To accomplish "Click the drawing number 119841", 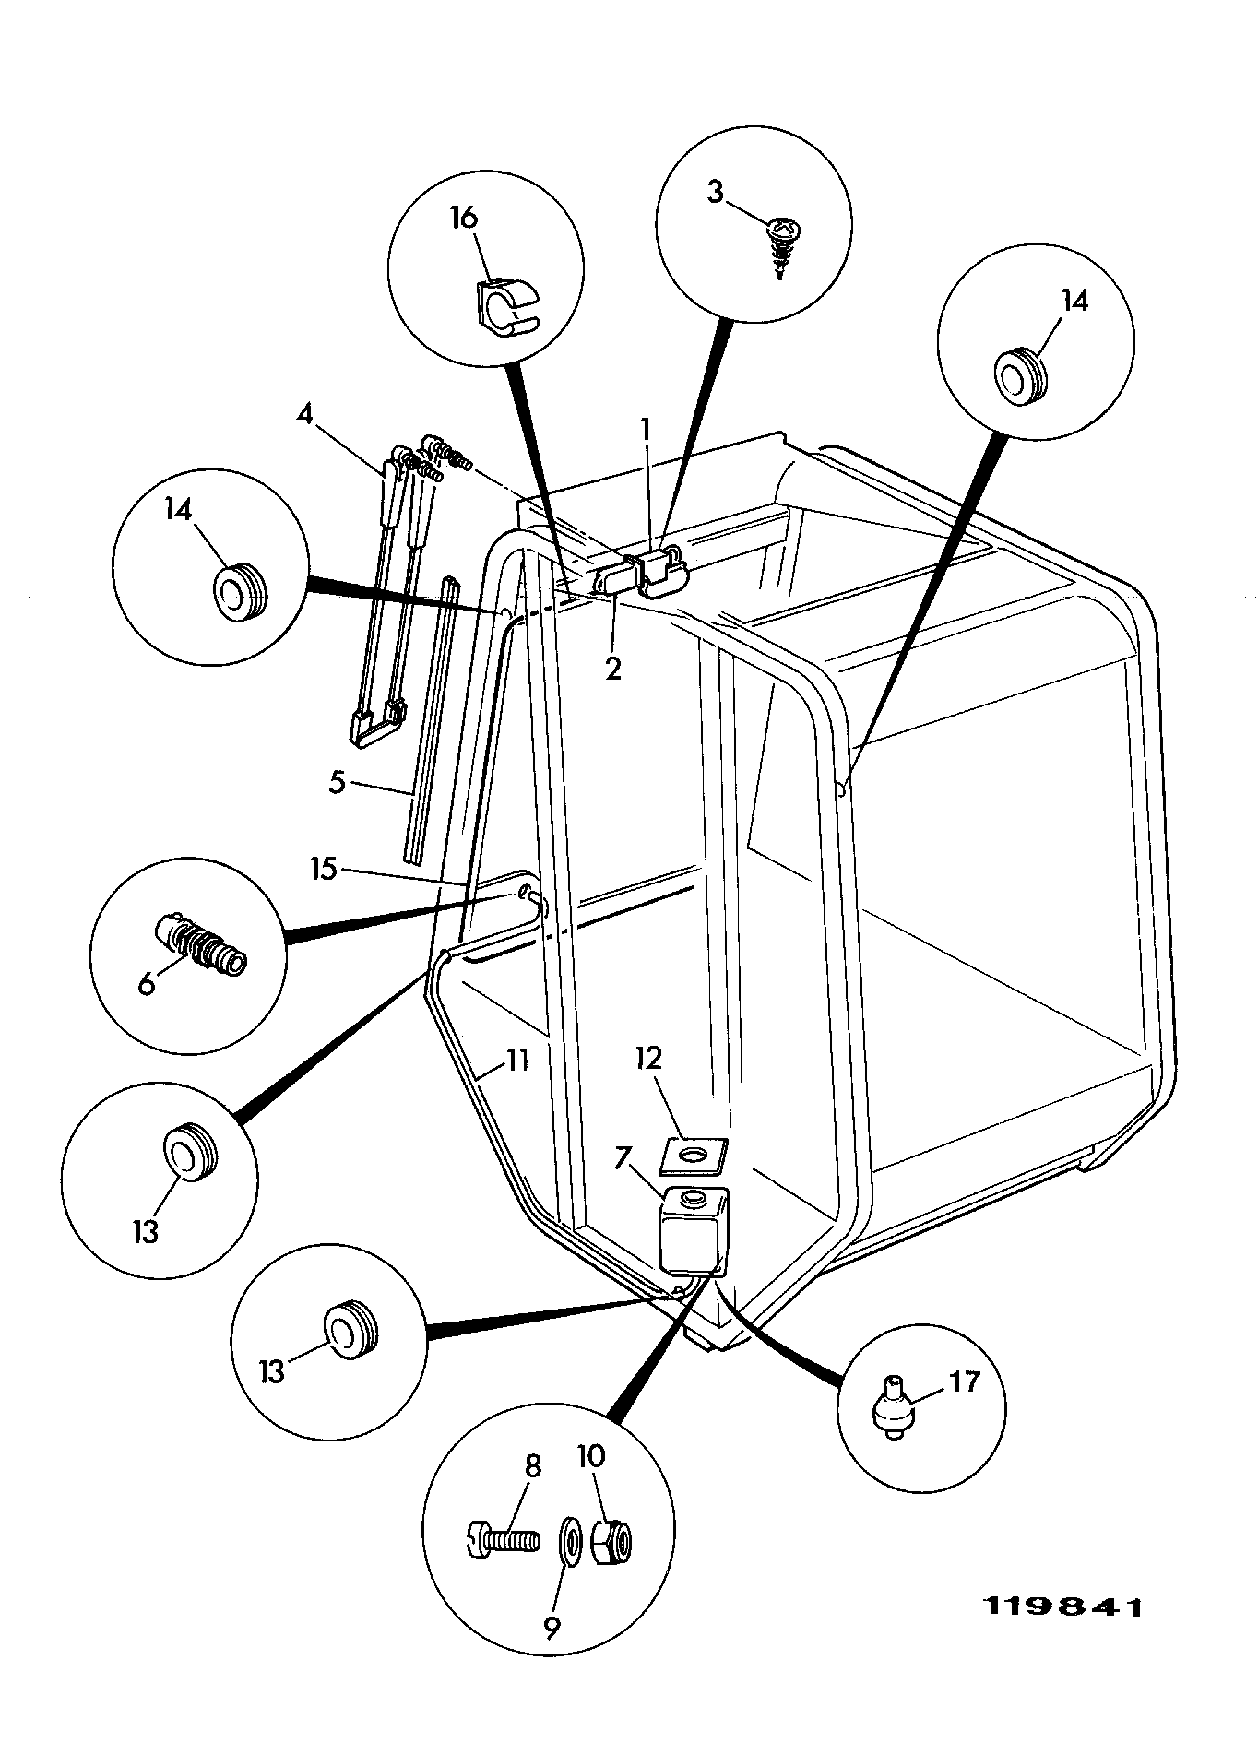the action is (1064, 1607).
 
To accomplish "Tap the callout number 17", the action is (964, 1381).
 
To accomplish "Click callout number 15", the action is (325, 869).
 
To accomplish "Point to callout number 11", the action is (517, 1060).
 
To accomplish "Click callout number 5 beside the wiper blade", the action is (338, 783).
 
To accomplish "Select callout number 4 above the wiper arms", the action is (305, 412).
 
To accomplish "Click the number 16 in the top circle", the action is (464, 218).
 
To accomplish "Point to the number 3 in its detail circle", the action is (716, 193).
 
